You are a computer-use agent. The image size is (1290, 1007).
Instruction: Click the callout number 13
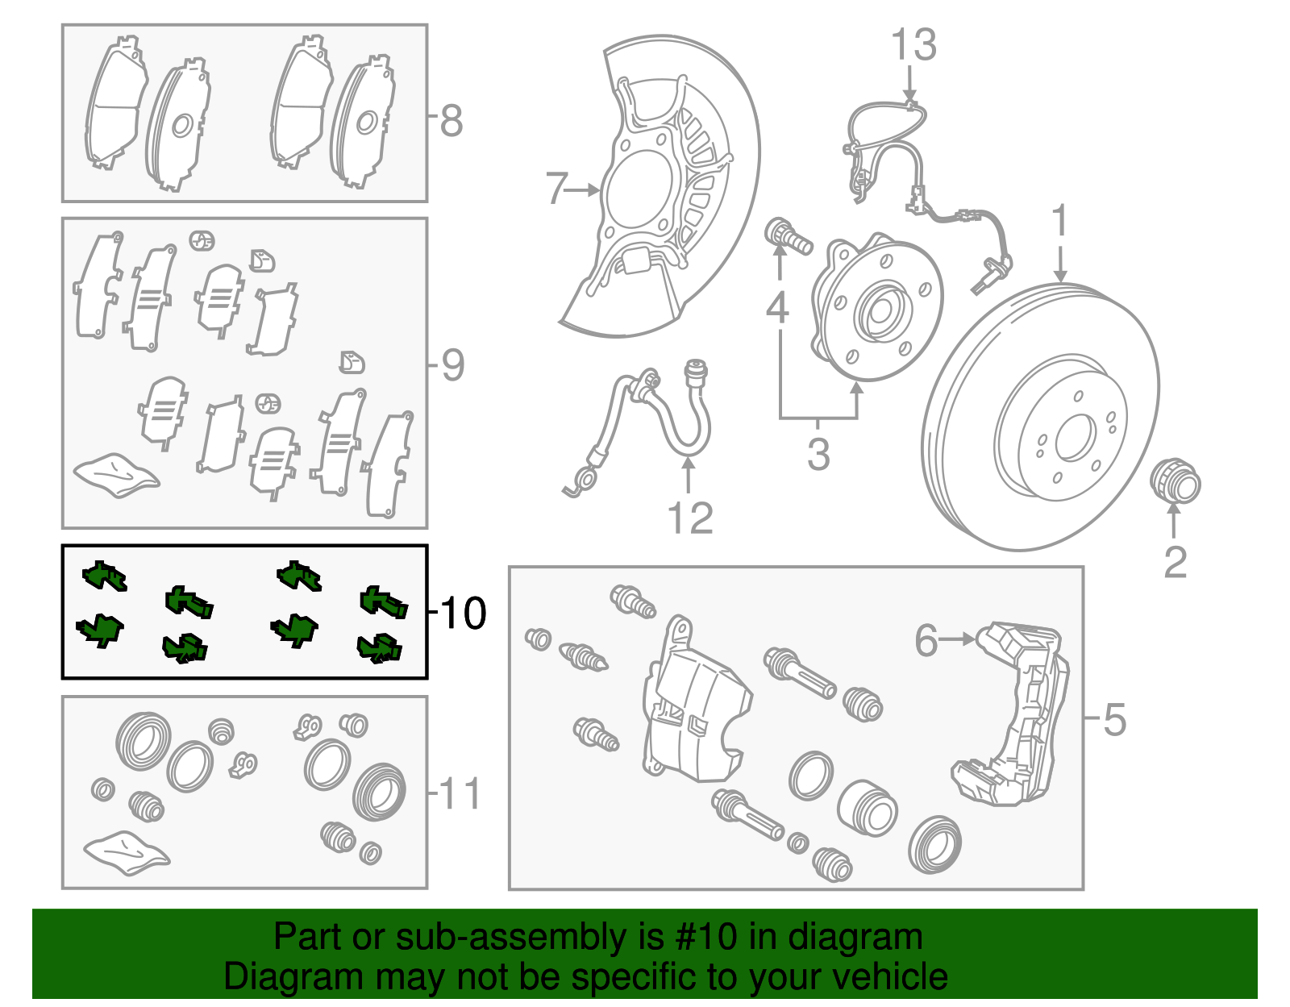[913, 45]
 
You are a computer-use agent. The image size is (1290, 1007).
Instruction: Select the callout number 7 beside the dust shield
[556, 189]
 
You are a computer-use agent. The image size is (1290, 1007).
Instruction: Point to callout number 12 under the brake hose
[690, 518]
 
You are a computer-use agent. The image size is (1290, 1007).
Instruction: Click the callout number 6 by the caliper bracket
[926, 640]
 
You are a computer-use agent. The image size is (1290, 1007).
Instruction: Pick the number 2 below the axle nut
[1175, 562]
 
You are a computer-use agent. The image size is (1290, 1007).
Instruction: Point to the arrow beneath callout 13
[909, 82]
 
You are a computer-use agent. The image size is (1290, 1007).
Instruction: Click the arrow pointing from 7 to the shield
[583, 190]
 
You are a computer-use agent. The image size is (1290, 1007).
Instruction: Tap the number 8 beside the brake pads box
[451, 121]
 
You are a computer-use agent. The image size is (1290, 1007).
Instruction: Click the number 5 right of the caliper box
[1113, 719]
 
